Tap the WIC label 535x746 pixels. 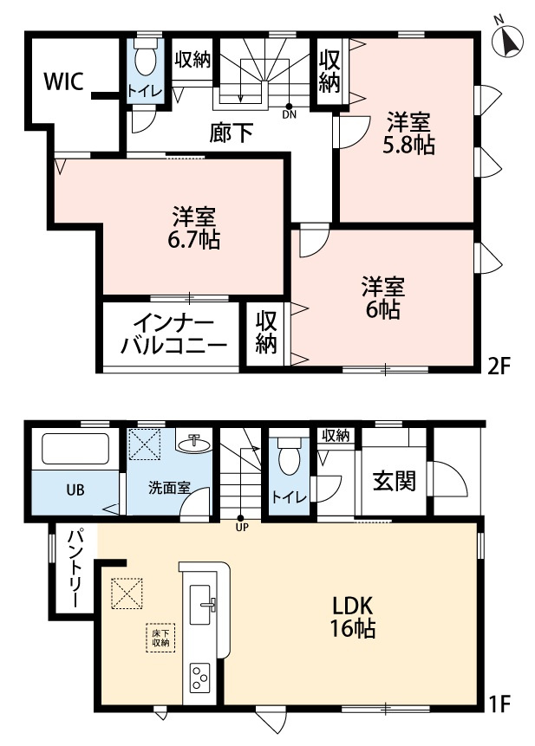pyautogui.click(x=63, y=82)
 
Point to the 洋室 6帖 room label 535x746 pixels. pyautogui.click(x=382, y=296)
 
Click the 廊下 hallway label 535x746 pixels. pyautogui.click(x=232, y=133)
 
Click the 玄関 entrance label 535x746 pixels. pyautogui.click(x=394, y=480)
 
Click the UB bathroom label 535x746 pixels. pyautogui.click(x=75, y=489)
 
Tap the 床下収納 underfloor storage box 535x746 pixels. pyautogui.click(x=158, y=639)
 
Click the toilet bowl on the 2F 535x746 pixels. pyautogui.click(x=145, y=61)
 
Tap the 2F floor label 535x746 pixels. pyautogui.click(x=499, y=364)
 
